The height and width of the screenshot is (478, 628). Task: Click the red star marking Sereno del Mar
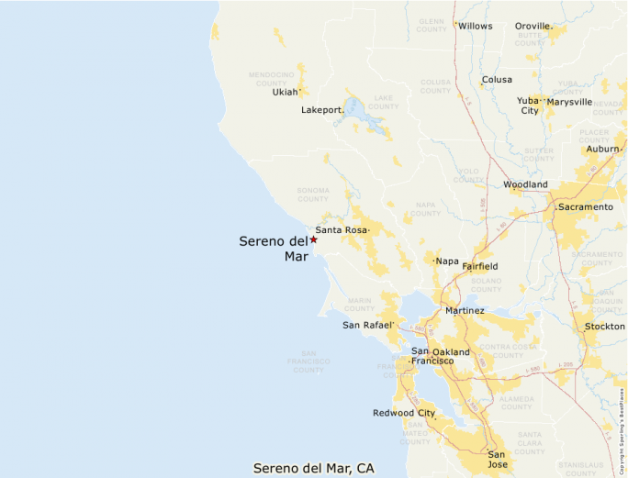point(313,239)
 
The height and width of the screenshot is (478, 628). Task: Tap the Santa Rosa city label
point(341,230)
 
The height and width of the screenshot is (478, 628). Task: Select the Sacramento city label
point(585,207)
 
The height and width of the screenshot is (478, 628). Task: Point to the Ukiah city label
point(285,92)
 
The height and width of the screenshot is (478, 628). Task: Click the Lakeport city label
point(321,110)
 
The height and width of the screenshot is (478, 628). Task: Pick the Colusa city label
point(497,80)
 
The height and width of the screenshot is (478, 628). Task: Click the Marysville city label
point(569,102)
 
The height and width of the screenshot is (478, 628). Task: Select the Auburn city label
point(603,149)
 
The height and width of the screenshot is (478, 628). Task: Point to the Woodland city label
point(525,184)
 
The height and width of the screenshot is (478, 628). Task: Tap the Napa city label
point(447,261)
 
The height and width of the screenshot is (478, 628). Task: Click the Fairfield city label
point(480,266)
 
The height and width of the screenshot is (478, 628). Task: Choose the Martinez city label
point(465,311)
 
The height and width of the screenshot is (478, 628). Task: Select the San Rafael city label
point(367,325)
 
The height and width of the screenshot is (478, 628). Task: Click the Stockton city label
point(604,327)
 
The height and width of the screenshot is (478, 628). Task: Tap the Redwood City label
point(404,413)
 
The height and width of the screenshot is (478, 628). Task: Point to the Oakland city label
point(451,352)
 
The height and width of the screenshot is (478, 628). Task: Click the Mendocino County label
point(272,77)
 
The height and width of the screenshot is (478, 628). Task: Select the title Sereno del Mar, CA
point(313,468)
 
